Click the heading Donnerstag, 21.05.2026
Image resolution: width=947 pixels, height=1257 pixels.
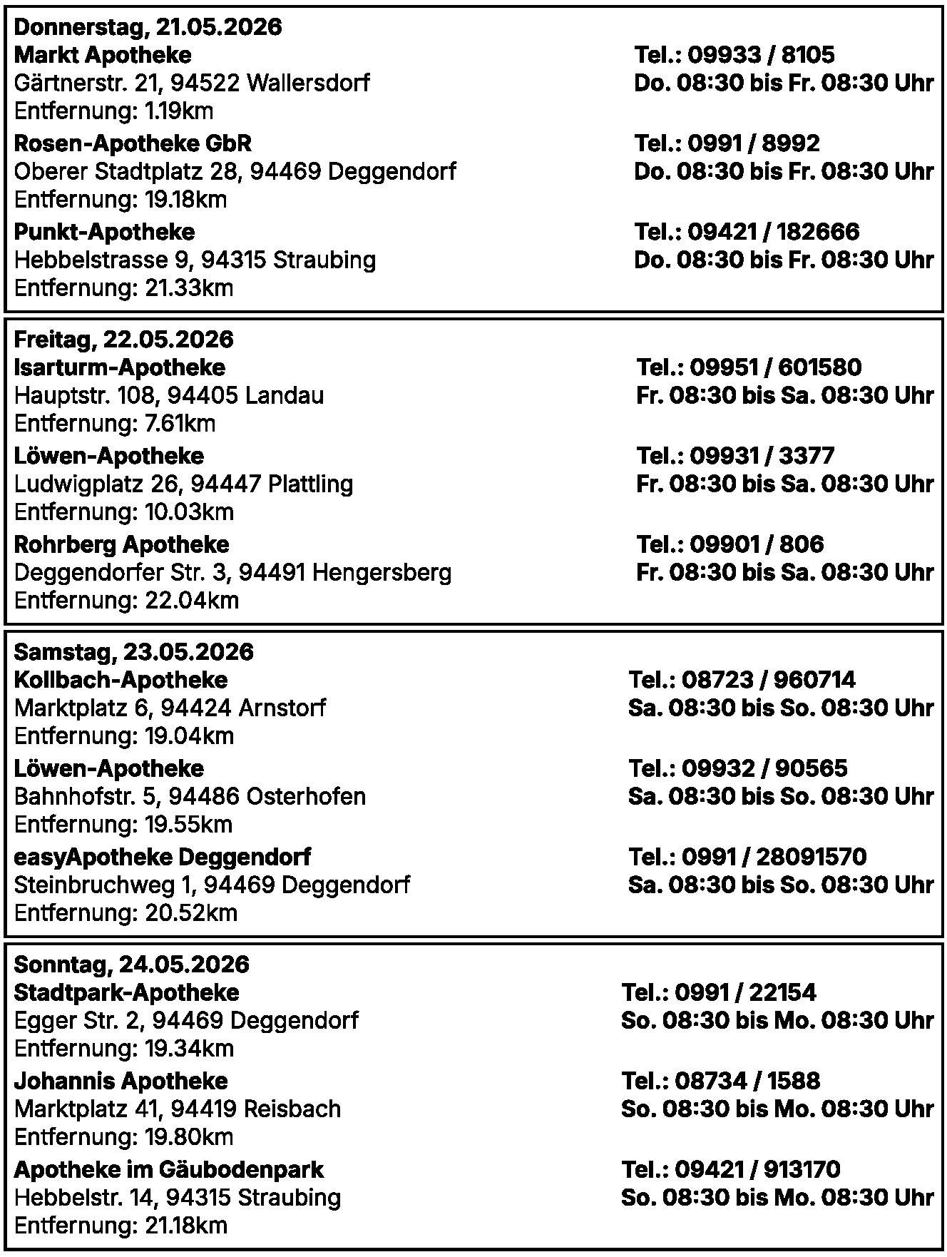pos(148,27)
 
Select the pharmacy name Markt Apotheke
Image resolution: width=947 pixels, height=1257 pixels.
pos(103,55)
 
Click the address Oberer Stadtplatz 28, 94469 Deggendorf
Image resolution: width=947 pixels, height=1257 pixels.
pos(235,172)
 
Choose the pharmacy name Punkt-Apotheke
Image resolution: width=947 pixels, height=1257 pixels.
pos(104,232)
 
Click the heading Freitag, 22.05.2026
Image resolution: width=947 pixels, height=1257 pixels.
pos(123,340)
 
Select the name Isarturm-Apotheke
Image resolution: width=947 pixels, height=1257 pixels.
pos(119,367)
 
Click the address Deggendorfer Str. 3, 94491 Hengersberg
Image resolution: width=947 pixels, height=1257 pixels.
pos(232,573)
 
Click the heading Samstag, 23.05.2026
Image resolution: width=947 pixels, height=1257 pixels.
pos(133,652)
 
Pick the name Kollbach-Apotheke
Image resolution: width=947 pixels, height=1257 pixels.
pos(121,680)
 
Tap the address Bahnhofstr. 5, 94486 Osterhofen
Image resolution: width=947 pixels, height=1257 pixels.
pos(190,797)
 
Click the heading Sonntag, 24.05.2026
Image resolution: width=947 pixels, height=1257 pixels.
pos(131,965)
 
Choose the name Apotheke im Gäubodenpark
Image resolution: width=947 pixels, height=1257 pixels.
pos(168,1170)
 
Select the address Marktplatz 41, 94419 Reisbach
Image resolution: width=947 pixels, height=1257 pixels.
pos(177,1109)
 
